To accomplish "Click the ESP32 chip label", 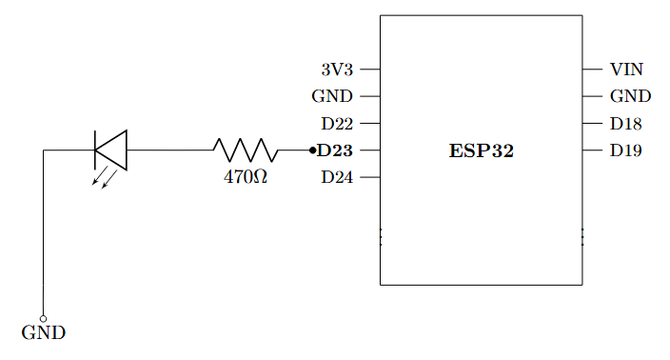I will coord(481,150).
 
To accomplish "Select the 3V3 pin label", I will coord(337,70).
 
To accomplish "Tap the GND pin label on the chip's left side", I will coord(332,96).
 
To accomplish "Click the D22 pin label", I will coord(337,124).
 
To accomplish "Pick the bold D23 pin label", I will coord(335,150).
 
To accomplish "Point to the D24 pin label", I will coord(337,177).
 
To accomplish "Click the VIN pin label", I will coord(626,70).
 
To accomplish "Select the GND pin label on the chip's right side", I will coord(630,96).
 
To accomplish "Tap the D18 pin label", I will coord(626,124).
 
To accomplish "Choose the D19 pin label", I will coord(626,150).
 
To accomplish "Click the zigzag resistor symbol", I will coord(246,150).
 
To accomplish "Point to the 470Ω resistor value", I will coord(246,177).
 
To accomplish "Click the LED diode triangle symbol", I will coord(110,150).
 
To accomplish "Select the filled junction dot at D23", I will coord(312,150).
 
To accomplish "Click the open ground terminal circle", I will coord(44,318).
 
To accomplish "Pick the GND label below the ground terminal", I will coord(44,334).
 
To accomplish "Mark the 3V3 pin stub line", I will coord(370,70).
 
